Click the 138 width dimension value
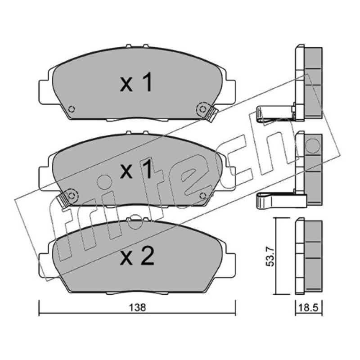(x=137, y=308)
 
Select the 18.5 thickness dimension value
(x=309, y=308)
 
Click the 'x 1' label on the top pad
(x=136, y=82)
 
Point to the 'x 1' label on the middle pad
(x=136, y=169)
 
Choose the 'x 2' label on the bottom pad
(x=137, y=256)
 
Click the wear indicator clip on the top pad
(x=212, y=115)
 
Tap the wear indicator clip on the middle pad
(x=63, y=200)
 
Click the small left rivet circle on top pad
(x=72, y=109)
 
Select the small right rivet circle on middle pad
(x=202, y=196)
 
